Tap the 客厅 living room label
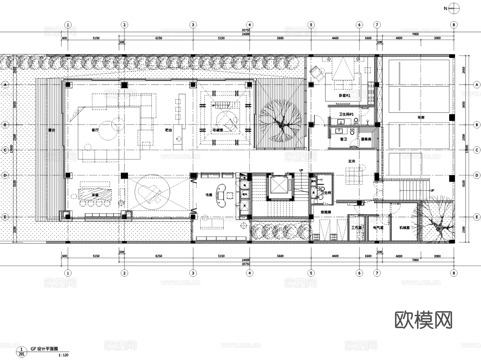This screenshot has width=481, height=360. point(95,130)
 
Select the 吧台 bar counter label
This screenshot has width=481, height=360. point(169,130)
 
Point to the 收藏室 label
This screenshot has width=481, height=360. point(218,130)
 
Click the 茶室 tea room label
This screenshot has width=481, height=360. point(95,195)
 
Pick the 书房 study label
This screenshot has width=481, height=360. point(209,195)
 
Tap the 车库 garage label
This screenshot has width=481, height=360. point(421,117)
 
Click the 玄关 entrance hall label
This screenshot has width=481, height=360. point(352,161)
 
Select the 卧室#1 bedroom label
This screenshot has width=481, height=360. point(344,95)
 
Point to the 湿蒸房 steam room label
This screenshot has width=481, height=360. point(366,139)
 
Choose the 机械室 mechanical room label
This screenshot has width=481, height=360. point(405,228)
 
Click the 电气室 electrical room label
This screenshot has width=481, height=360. point(378,228)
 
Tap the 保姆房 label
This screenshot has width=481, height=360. point(326,212)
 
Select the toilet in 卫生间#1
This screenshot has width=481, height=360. point(356,122)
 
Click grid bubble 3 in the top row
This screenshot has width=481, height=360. point(193,25)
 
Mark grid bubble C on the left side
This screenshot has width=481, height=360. point(5,150)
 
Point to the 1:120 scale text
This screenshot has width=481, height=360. point(63,355)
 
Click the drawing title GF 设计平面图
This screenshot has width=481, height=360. point(44,349)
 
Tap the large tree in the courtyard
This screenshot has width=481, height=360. point(281,125)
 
